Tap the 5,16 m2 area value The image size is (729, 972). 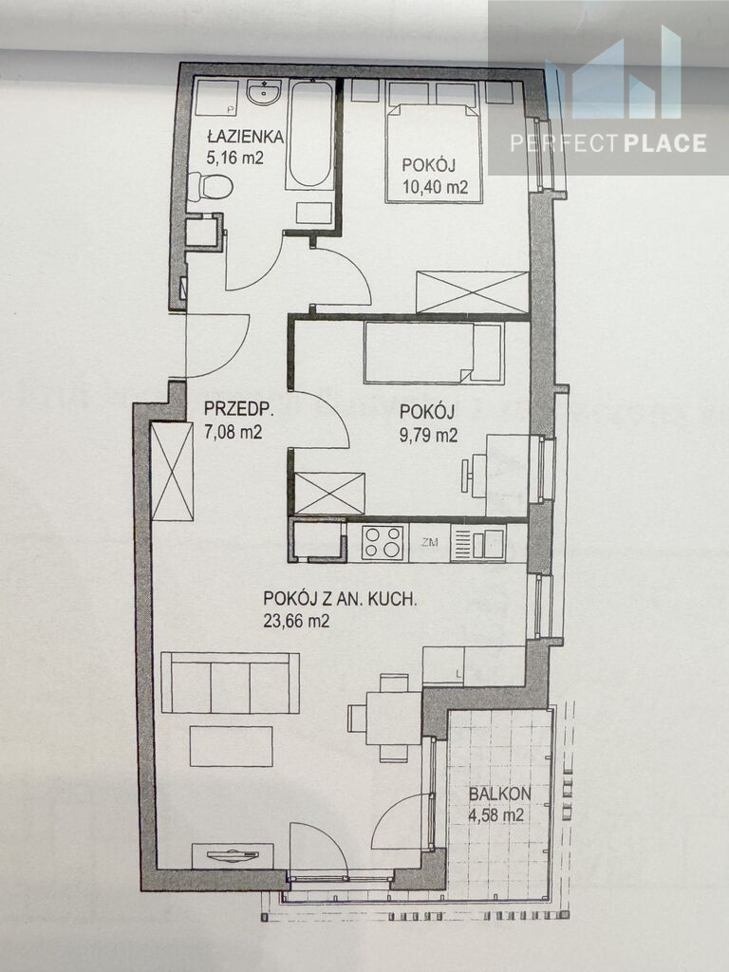point(235,158)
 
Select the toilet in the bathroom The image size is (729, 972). point(210,185)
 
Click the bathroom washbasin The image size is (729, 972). point(264,93)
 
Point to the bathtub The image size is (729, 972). point(310,135)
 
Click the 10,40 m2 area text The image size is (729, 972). point(435,187)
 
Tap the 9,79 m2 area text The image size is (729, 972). point(428,435)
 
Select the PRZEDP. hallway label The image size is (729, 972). point(239,409)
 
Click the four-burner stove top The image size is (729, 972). point(383,543)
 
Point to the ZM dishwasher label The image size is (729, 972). point(429,543)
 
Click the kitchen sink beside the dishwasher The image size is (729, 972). point(478,544)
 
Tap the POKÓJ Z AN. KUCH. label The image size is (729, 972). point(339,600)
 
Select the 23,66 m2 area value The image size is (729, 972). point(296,621)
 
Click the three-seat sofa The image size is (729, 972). point(230,682)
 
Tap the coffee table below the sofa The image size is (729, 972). point(232,746)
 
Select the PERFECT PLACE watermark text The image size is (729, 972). point(608,143)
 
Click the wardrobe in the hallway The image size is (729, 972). point(173,472)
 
